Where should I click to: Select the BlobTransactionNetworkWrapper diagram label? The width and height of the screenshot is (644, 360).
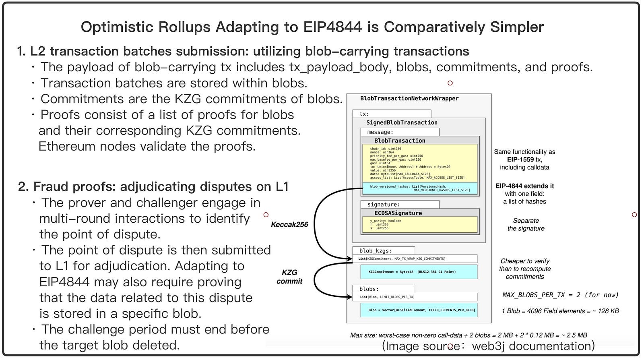click(x=409, y=98)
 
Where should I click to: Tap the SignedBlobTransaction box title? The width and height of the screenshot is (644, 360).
click(x=402, y=122)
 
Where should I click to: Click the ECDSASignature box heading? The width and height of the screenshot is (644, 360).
click(x=398, y=213)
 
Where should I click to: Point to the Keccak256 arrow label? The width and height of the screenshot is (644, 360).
click(x=289, y=225)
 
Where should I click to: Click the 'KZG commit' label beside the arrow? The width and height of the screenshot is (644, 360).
click(x=289, y=277)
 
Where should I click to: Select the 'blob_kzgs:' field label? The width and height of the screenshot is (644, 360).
click(x=375, y=250)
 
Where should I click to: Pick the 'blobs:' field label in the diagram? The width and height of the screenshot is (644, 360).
click(x=369, y=289)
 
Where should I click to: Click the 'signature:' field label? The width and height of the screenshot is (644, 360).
click(x=383, y=205)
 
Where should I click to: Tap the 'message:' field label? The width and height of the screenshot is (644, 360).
click(x=380, y=132)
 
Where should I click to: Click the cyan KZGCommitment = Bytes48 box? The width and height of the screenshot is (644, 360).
click(x=419, y=272)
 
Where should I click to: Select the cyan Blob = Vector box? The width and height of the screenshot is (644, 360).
click(x=419, y=310)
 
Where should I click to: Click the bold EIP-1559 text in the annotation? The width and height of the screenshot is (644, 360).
click(x=520, y=159)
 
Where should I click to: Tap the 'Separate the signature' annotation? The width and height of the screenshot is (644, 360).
click(x=526, y=225)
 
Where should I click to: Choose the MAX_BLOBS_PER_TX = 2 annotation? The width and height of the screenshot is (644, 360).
click(x=560, y=295)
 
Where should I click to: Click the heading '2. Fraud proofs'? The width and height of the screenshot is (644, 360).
click(x=153, y=186)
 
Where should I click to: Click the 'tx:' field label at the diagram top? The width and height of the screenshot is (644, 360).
click(x=364, y=114)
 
